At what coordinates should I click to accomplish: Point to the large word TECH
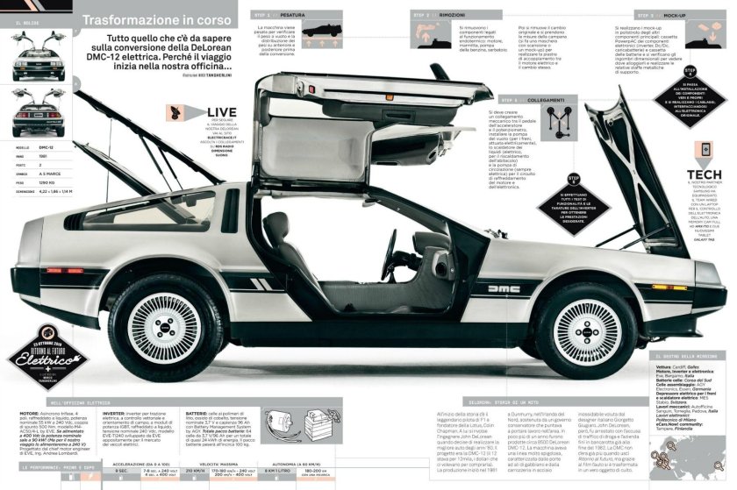(x=705, y=174)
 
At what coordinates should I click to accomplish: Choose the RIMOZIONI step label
(x=447, y=15)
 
